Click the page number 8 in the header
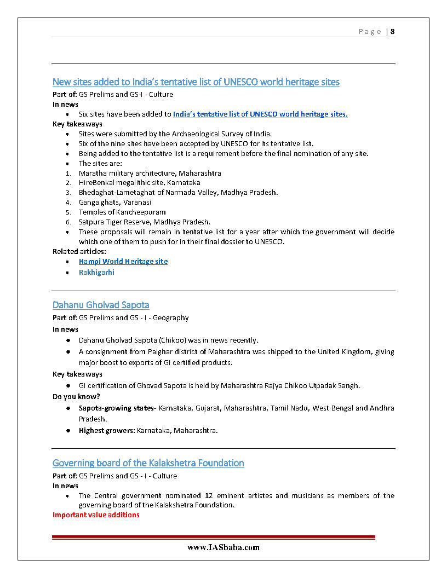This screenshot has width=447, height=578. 393,31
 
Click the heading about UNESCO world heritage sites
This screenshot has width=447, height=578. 196,82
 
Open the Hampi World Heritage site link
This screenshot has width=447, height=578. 123,262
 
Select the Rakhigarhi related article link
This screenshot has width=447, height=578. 96,272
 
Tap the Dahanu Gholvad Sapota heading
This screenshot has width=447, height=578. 101,305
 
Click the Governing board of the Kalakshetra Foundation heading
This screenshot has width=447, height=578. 148,463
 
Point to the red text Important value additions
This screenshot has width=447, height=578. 96,515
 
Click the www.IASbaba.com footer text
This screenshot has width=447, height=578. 223,547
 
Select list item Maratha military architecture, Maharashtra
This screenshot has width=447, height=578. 150,173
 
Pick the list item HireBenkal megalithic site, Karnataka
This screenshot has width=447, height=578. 139,183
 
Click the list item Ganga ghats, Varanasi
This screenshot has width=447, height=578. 115,202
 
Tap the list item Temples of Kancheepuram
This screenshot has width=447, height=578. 122,212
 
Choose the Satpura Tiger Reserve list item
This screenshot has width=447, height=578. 144,222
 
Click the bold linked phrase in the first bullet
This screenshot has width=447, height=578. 260,114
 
